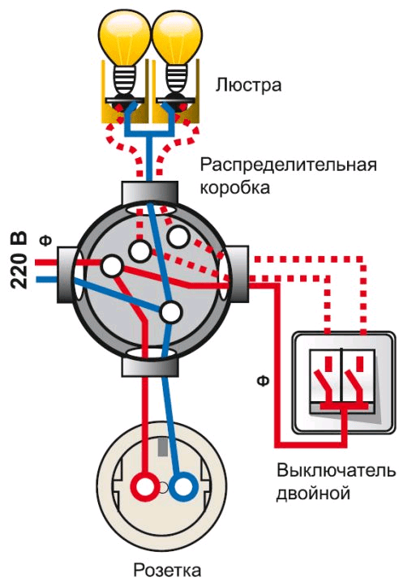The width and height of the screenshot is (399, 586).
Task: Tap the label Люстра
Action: click(x=248, y=85)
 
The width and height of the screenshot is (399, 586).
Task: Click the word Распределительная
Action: click(x=288, y=165)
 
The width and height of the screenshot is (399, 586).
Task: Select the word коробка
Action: click(x=234, y=187)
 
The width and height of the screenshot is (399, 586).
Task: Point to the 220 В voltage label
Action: click(x=19, y=260)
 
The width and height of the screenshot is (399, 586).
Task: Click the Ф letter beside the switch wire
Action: click(x=263, y=380)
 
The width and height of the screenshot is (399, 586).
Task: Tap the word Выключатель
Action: click(x=336, y=470)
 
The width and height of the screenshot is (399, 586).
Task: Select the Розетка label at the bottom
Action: click(x=167, y=571)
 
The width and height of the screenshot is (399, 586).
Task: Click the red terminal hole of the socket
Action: click(x=144, y=485)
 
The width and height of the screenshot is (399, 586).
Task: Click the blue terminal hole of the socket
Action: click(x=183, y=485)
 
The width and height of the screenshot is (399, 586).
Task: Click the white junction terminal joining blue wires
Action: click(x=170, y=312)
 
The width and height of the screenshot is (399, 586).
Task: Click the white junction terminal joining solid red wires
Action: click(x=111, y=266)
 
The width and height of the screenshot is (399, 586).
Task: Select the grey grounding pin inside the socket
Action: click(x=162, y=447)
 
